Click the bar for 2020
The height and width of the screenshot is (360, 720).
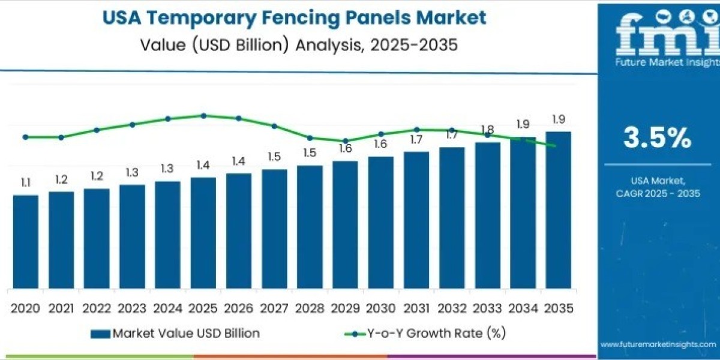pyautogui.click(x=25, y=241)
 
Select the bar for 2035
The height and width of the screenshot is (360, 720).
pyautogui.click(x=558, y=209)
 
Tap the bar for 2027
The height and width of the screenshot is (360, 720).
pyautogui.click(x=274, y=229)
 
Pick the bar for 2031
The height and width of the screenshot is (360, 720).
pyautogui.click(x=416, y=220)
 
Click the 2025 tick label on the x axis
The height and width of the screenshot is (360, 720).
pyautogui.click(x=203, y=308)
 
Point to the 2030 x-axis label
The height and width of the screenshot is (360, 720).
pyautogui.click(x=380, y=308)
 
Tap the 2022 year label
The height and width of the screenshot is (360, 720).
pyautogui.click(x=96, y=308)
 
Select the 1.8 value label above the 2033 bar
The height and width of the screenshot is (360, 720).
pyautogui.click(x=487, y=130)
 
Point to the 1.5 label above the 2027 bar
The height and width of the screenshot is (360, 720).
pyautogui.click(x=274, y=157)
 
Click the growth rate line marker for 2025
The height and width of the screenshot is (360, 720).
pyautogui.click(x=203, y=116)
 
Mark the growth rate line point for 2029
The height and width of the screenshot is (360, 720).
pyautogui.click(x=346, y=141)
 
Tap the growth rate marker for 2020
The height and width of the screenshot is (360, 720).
pyautogui.click(x=25, y=137)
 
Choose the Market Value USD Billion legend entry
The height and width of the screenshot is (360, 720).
pyautogui.click(x=175, y=333)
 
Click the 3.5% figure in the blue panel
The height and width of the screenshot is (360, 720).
pyautogui.click(x=657, y=139)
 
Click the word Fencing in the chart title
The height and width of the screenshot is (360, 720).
pyautogui.click(x=311, y=17)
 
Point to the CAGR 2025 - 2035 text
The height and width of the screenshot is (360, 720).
pyautogui.click(x=658, y=193)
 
